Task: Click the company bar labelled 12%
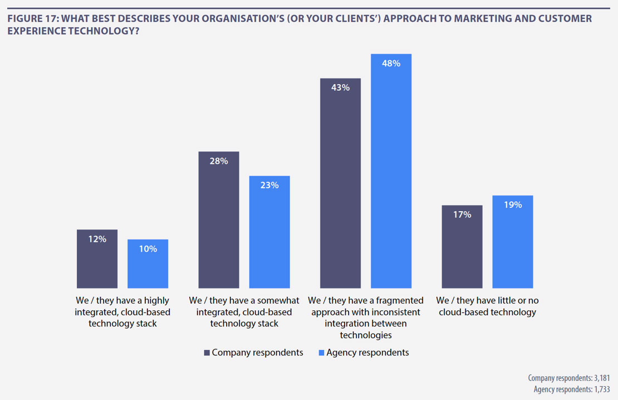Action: pos(97,259)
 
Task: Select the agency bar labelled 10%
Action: pos(148,264)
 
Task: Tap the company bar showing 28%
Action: pos(219,220)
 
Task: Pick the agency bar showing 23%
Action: pos(269,232)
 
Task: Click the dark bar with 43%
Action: pos(340,183)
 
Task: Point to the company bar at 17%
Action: pos(462,247)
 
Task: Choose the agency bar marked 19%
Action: pos(513,242)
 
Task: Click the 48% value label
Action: pos(391,64)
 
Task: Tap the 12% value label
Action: pos(97,239)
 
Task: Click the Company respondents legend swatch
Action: pos(207,353)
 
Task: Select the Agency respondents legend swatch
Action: pos(321,353)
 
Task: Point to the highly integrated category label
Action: pos(122,312)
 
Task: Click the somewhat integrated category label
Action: pos(244,312)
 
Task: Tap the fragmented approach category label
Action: pos(366,318)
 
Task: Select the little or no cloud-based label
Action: pos(487,306)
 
